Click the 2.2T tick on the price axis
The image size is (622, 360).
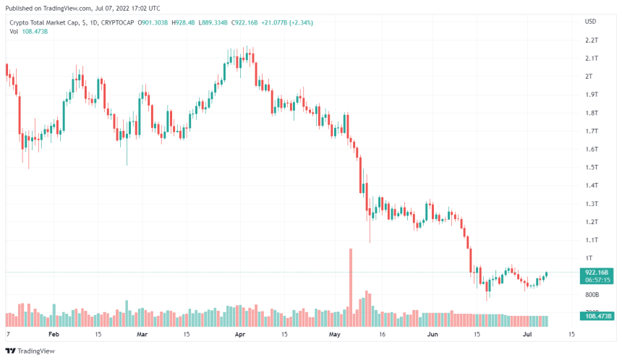pos(590,40)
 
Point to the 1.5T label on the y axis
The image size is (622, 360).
pos(590,167)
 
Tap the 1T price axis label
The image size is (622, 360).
pos(589,258)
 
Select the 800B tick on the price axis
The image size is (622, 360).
pos(591,295)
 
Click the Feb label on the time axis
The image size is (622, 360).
pos(54,335)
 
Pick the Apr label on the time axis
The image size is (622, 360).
pos(239,335)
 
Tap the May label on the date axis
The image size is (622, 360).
pos(334,335)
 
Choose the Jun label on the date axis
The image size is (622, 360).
pos(433,335)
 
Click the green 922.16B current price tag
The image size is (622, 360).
pos(597,273)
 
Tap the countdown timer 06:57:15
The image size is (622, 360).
pos(597,280)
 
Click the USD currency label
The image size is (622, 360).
pos(590,21)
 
